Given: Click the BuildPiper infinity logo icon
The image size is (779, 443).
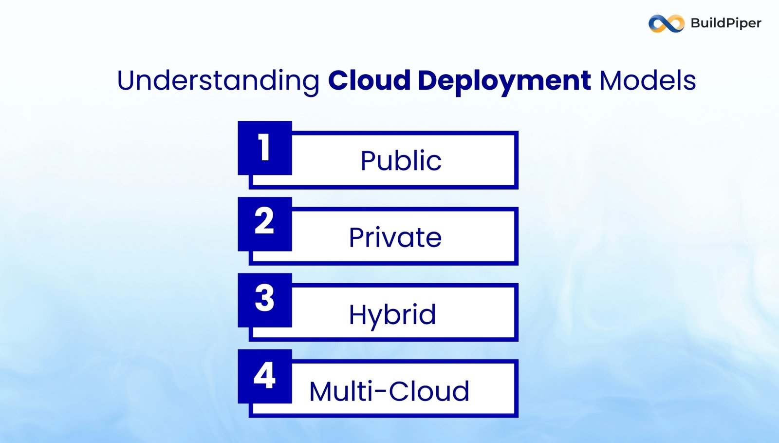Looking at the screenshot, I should pyautogui.click(x=666, y=23).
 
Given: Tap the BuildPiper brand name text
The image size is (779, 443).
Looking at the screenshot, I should pyautogui.click(x=725, y=23).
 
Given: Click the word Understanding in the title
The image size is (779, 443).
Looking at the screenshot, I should pyautogui.click(x=218, y=81).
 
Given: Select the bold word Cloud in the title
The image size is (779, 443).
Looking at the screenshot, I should pyautogui.click(x=369, y=80).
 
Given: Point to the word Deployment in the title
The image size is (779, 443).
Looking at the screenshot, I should pyautogui.click(x=504, y=81).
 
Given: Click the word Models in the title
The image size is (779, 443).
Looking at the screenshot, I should pyautogui.click(x=648, y=80).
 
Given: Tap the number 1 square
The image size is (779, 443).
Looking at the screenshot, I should pyautogui.click(x=265, y=148).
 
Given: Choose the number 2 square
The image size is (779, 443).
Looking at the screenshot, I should pyautogui.click(x=265, y=224).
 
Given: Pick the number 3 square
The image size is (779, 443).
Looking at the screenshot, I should pyautogui.click(x=265, y=300).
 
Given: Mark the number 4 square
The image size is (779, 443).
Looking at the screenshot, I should pyautogui.click(x=265, y=376).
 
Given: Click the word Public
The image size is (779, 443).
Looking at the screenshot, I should pyautogui.click(x=401, y=161).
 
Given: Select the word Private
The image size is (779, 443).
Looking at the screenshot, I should pyautogui.click(x=395, y=237).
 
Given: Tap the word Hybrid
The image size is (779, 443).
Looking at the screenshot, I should pyautogui.click(x=392, y=314).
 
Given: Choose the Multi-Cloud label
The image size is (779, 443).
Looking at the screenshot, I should pyautogui.click(x=389, y=391).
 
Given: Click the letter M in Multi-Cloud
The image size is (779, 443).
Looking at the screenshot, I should pyautogui.click(x=321, y=391).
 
